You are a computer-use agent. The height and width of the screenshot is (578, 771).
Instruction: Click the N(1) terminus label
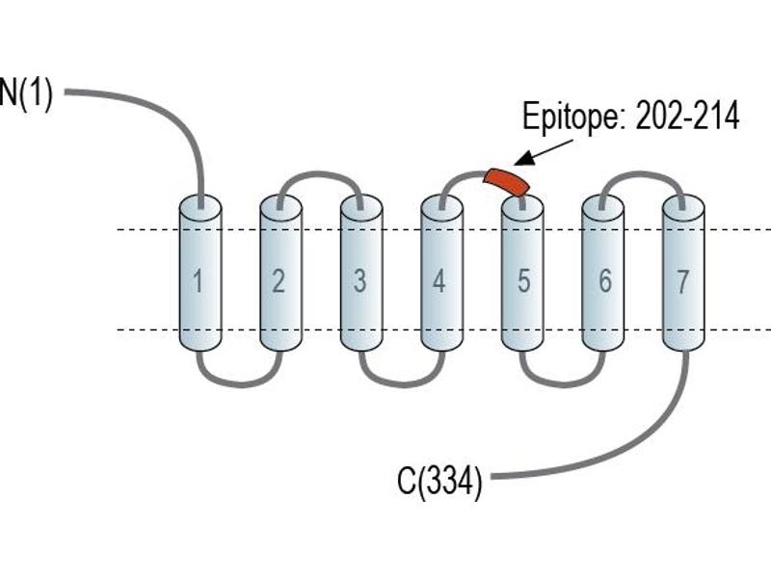coord(26,93)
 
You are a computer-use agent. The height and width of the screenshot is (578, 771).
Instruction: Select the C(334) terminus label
coord(439,481)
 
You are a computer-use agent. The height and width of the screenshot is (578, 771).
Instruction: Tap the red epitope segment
coord(507,181)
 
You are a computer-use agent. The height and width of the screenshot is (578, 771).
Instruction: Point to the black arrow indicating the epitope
coord(544,152)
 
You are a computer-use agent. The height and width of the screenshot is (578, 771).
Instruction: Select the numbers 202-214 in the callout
coord(687,117)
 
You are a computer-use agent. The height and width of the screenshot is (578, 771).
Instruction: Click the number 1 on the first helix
coord(198,281)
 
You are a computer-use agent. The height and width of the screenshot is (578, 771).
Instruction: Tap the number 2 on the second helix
coord(279,281)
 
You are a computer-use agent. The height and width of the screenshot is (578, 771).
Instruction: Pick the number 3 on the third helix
coord(359,281)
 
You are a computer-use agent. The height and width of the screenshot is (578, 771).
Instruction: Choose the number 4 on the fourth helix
coord(439,281)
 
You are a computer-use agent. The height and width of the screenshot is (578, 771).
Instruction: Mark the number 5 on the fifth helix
coord(523,281)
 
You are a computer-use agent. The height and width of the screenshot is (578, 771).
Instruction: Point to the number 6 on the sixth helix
coord(605,281)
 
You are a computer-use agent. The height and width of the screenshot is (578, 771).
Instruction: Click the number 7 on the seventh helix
coord(682,281)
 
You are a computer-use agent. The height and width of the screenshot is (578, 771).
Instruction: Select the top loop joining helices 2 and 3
coord(320,174)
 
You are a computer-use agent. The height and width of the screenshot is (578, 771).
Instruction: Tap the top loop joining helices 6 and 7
coord(642,174)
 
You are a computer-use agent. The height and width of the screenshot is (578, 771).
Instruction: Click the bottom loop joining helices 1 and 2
coord(240,383)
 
